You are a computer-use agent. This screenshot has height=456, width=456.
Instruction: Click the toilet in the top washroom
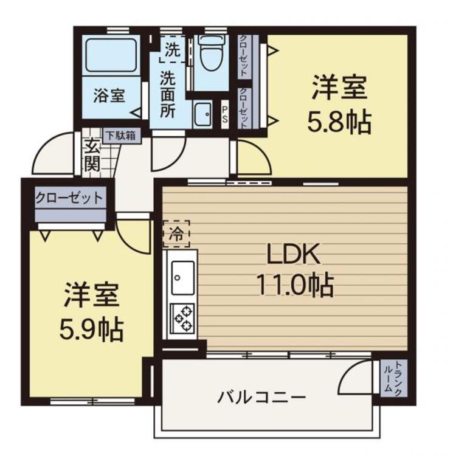tap(211, 53)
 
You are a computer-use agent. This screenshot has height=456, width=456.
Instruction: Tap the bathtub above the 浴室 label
tap(111, 55)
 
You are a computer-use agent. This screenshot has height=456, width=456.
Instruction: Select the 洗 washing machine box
tap(173, 49)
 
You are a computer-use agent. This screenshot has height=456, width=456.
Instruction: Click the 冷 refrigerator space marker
tap(176, 233)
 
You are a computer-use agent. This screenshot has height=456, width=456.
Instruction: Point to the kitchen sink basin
tap(182, 278)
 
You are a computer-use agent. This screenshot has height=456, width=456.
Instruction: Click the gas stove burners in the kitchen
tap(182, 319)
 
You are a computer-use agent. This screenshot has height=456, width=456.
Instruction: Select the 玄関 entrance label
tap(92, 157)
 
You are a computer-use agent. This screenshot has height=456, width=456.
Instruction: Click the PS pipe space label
tap(225, 114)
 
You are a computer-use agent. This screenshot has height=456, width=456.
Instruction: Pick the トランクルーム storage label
tap(393, 378)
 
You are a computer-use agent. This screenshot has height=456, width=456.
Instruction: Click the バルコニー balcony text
tap(261, 397)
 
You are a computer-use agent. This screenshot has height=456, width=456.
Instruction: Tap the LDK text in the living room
tap(294, 254)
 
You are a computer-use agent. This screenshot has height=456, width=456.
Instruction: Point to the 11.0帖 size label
tap(294, 284)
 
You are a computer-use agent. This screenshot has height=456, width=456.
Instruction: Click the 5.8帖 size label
tap(339, 122)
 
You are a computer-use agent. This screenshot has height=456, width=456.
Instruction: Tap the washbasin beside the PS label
tap(202, 114)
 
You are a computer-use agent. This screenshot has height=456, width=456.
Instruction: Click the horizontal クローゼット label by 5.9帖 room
tap(69, 198)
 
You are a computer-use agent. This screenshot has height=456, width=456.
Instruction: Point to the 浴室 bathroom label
tap(109, 95)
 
